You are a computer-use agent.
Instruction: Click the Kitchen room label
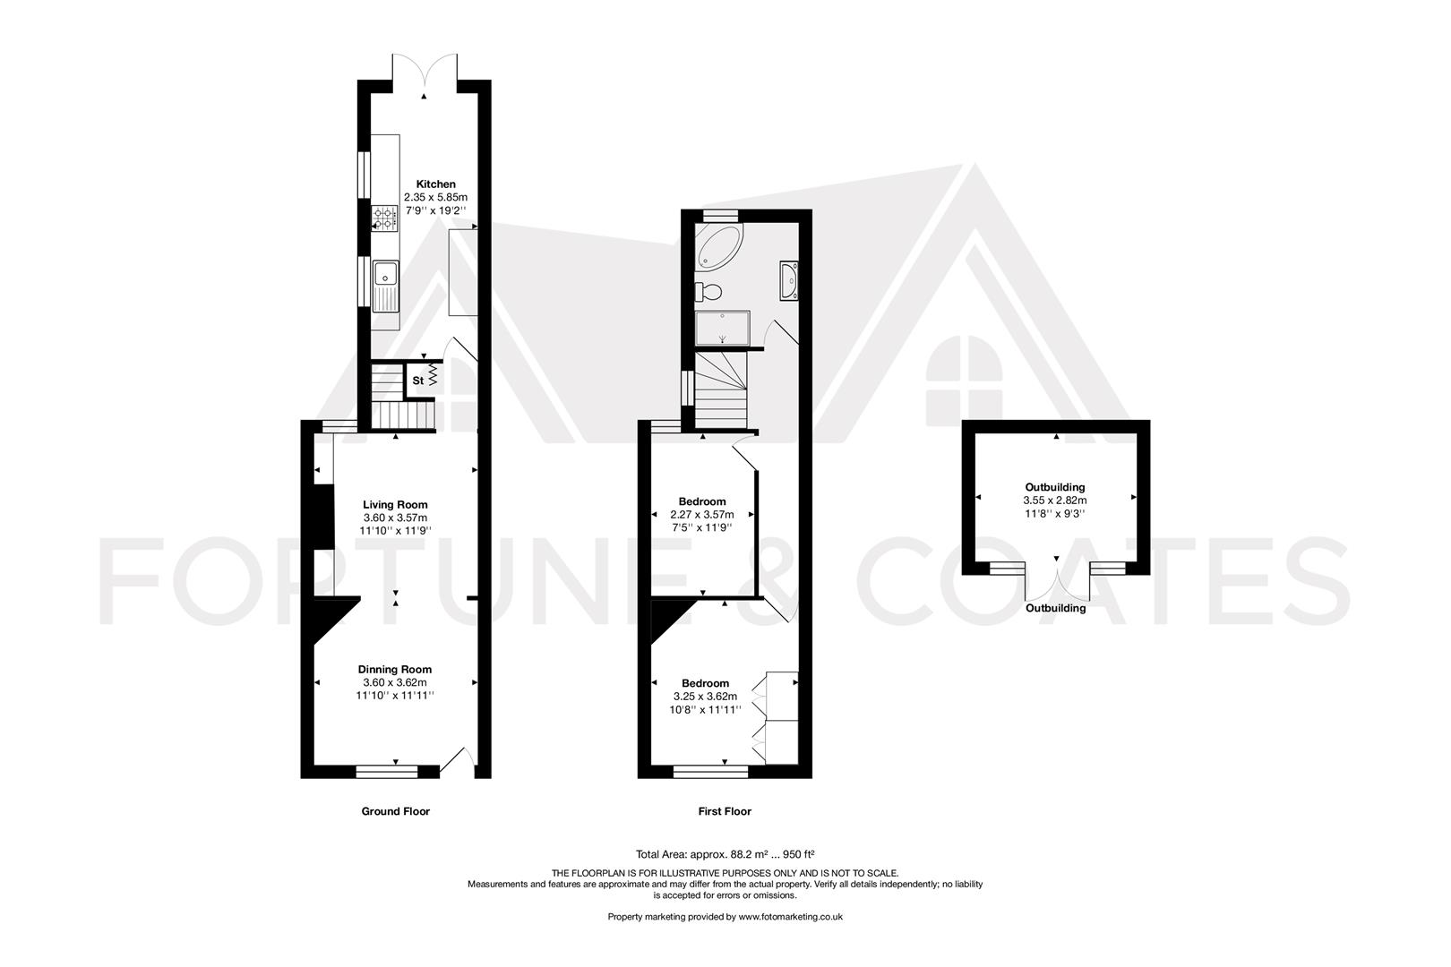435,184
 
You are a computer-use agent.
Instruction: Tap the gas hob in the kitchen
385,218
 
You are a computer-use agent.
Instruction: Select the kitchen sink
387,284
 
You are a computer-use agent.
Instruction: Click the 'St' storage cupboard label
417,381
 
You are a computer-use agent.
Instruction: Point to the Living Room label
395,504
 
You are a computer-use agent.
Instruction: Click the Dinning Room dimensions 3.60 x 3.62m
395,682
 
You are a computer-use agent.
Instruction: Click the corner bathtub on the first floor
718,246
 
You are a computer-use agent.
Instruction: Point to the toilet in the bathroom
710,291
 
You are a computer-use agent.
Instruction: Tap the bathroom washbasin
790,279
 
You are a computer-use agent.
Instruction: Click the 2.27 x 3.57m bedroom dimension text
701,515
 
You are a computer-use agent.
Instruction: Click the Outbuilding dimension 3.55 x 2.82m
1054,501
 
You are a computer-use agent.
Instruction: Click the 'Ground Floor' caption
395,811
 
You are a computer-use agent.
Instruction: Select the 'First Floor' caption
725,811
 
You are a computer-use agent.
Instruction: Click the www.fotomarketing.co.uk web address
790,916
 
